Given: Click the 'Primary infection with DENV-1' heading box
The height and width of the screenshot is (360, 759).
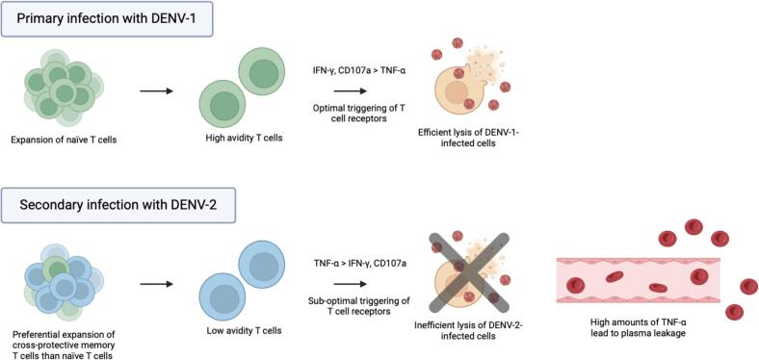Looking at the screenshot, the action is coord(107,20).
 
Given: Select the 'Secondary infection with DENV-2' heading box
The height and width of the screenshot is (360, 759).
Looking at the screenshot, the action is coord(118,205).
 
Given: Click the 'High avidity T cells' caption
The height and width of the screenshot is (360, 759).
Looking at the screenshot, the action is coord(244,139).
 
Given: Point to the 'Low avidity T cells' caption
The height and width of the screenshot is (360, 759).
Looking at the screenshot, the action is coord(244,331).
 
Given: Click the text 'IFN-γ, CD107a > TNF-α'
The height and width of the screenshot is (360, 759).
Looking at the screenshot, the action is coord(358,71).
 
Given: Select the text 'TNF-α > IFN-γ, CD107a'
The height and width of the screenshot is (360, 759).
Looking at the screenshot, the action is coord(359,263).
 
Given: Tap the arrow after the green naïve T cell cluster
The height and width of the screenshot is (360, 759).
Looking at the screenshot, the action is coord(156,90).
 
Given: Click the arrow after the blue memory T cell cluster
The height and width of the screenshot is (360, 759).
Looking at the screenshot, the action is coord(156,284).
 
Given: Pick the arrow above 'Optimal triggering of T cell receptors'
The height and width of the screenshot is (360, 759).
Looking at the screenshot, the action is coord(350,90).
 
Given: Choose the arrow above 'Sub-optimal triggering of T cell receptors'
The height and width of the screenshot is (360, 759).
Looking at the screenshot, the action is coord(350,284).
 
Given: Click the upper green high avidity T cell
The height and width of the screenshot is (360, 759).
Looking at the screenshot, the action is coord(261,70).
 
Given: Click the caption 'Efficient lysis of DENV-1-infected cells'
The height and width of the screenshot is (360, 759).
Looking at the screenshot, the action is coord(468,139).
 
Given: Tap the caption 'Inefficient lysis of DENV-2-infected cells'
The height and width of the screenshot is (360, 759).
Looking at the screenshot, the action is coord(467,331).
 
